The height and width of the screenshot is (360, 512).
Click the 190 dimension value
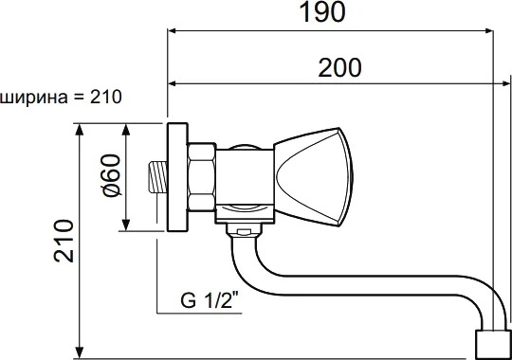pos(322,12)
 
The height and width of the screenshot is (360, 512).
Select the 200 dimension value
pos(340,68)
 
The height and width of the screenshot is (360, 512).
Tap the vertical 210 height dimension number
pos(64,241)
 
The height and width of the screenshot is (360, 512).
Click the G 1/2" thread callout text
pos(210,300)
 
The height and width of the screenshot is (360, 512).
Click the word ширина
pos(34,98)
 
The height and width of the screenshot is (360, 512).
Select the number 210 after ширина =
pos(106,97)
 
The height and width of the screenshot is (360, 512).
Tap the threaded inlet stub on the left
pos(157,177)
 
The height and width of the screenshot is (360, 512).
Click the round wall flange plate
pos(177,177)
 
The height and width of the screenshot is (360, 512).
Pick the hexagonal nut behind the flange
pos(201,177)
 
